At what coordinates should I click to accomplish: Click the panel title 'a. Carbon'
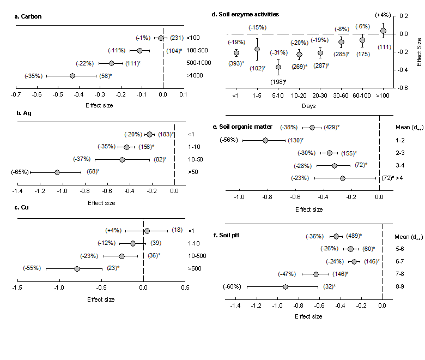pos(28,16)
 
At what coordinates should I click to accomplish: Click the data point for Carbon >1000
pos(72,76)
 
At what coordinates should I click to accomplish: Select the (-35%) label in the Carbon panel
pos(33,76)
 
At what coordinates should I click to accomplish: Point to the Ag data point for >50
pos(57,172)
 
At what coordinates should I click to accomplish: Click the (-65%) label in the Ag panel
pos(21,172)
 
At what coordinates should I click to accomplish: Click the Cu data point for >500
pos(77,268)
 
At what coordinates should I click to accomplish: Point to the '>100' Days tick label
pos(383,95)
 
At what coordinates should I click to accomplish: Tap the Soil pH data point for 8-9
pos(285,286)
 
